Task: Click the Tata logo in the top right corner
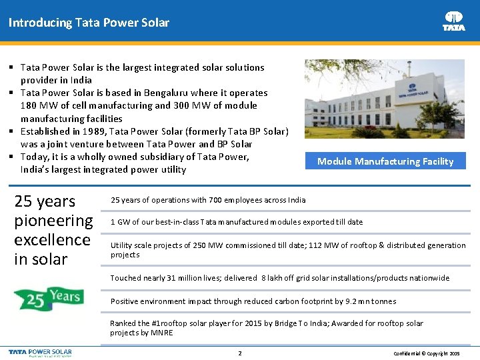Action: point(454,21)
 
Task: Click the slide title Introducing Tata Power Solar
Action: point(89,23)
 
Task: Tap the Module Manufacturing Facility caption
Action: point(385,161)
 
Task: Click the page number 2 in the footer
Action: point(240,353)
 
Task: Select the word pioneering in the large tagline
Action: point(53,220)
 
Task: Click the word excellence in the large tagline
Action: point(52,239)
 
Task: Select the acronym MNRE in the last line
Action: point(161,333)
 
